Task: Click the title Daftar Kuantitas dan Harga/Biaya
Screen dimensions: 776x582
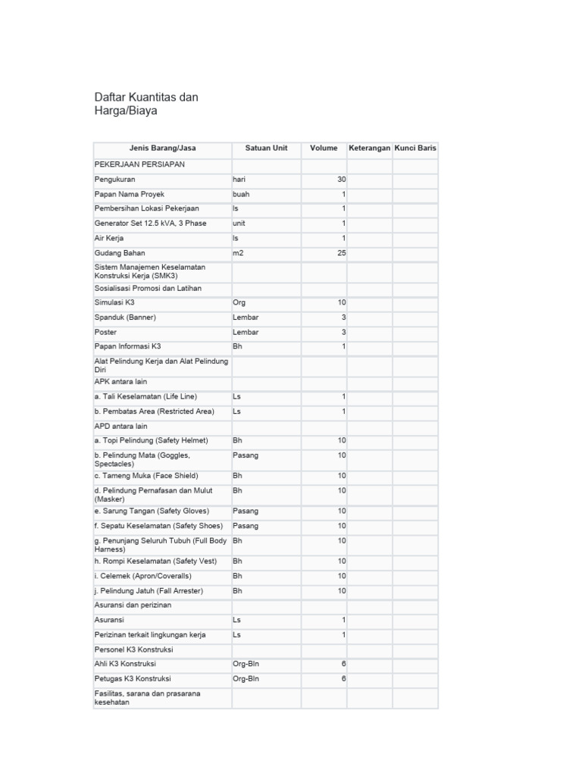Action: coord(145,104)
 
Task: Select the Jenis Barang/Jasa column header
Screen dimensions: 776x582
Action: coord(162,148)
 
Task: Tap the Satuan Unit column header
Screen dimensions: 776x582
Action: coord(266,148)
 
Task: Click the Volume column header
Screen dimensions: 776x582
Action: coord(324,148)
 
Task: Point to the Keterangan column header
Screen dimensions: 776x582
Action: coord(369,148)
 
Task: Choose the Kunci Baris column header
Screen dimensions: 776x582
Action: coord(415,148)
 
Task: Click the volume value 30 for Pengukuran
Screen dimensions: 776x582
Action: coord(341,180)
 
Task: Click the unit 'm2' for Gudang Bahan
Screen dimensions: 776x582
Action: coord(238,253)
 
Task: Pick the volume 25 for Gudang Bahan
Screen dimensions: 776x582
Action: coord(341,253)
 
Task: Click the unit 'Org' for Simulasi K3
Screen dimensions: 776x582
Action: coord(239,302)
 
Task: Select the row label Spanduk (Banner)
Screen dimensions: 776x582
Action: coord(125,318)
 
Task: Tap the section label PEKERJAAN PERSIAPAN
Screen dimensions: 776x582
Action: coord(139,164)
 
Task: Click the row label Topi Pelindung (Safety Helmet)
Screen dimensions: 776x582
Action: coord(151,440)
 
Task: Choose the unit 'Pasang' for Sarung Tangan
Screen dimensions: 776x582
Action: coord(246,511)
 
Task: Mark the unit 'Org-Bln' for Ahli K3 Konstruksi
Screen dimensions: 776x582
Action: coord(246,664)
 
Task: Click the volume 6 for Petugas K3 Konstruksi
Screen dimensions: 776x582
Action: coord(343,679)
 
